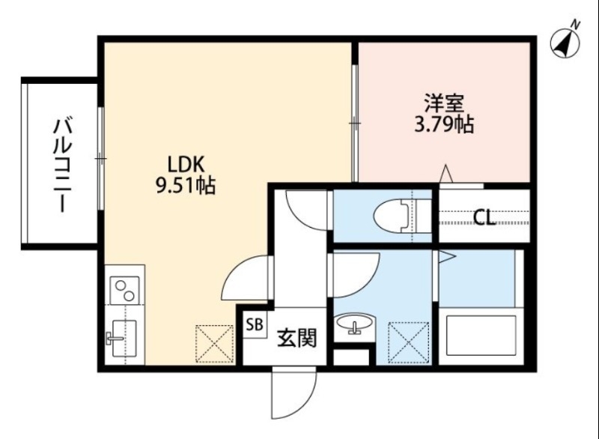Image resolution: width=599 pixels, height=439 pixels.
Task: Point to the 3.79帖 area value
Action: (x=443, y=124)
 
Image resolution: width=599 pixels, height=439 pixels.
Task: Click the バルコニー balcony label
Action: (x=61, y=164)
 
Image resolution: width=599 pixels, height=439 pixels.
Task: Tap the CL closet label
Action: (x=484, y=219)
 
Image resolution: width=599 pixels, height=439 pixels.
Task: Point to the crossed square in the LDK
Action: (x=215, y=344)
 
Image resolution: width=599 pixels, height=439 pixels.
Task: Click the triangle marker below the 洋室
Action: (x=446, y=174)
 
